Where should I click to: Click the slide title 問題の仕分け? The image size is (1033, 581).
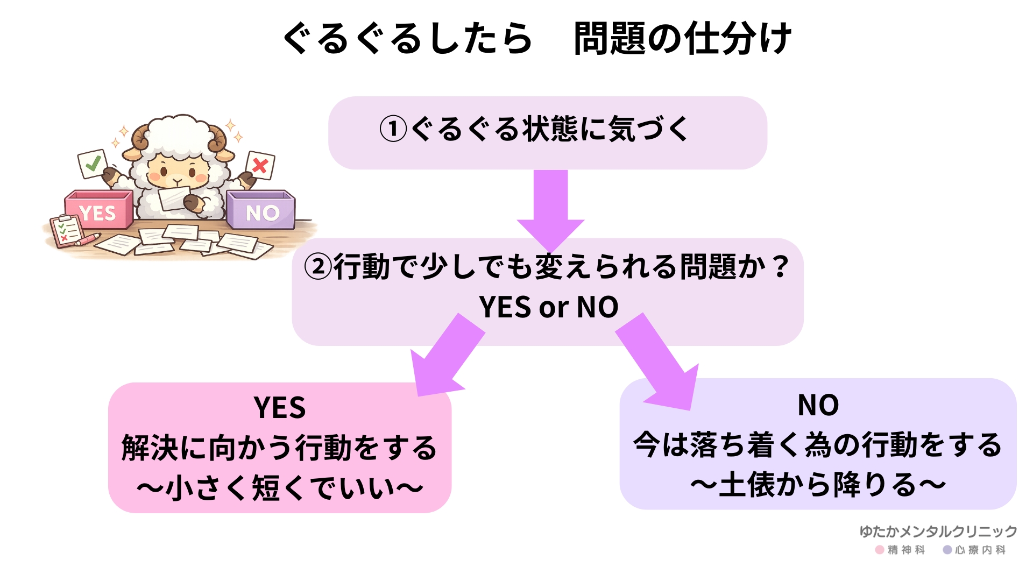click(x=682, y=39)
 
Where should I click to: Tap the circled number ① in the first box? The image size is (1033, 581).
click(x=393, y=129)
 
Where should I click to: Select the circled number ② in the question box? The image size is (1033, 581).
click(x=318, y=266)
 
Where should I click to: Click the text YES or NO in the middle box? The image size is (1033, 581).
click(x=548, y=307)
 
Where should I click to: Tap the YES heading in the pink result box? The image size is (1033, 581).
click(x=279, y=407)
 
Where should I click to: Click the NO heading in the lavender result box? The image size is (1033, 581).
click(x=818, y=405)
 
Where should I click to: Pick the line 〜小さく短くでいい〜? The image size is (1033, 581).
click(x=279, y=488)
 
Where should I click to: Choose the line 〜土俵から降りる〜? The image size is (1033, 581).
click(x=818, y=485)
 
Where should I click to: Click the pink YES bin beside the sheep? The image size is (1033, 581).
click(x=98, y=211)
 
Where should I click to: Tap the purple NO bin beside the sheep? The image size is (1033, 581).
click(x=261, y=211)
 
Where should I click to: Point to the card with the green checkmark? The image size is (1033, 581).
click(x=93, y=164)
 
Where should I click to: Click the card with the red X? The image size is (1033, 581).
click(x=260, y=165)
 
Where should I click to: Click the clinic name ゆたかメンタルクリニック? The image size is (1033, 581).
click(x=938, y=532)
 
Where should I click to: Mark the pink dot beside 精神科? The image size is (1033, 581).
click(x=880, y=550)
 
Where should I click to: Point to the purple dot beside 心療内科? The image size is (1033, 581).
click(x=947, y=550)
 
